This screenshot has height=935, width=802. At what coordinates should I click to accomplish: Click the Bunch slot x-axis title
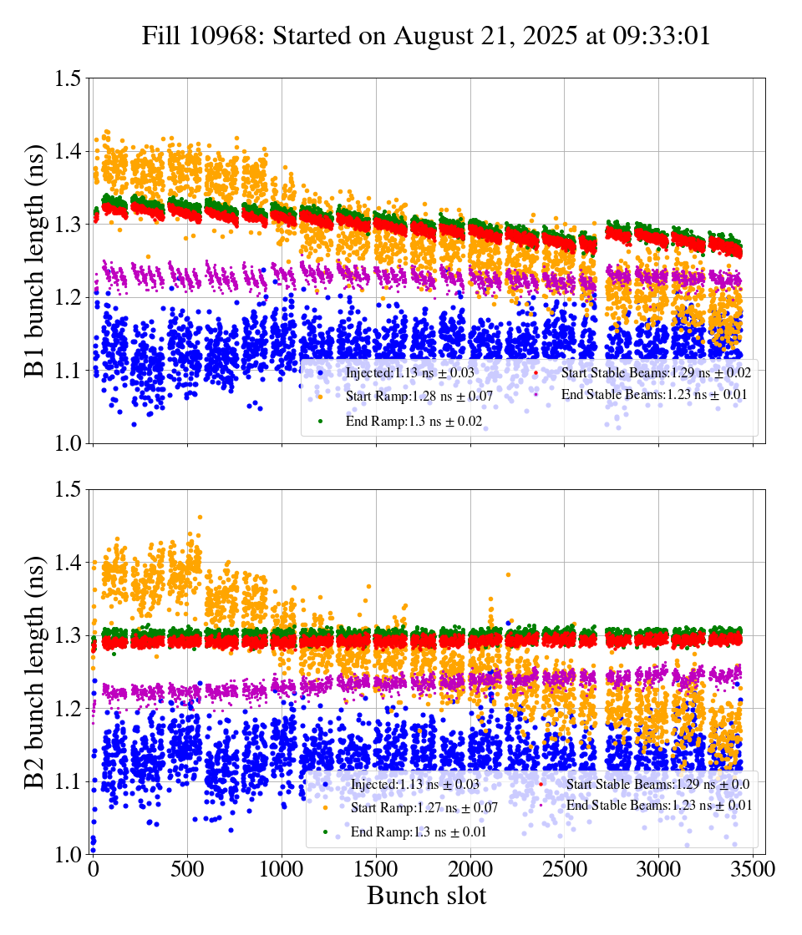426,896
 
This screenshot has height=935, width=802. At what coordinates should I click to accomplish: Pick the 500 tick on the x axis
188,869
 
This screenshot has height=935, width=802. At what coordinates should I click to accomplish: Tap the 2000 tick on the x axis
471,869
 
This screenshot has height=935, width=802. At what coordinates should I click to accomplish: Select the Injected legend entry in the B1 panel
392,372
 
